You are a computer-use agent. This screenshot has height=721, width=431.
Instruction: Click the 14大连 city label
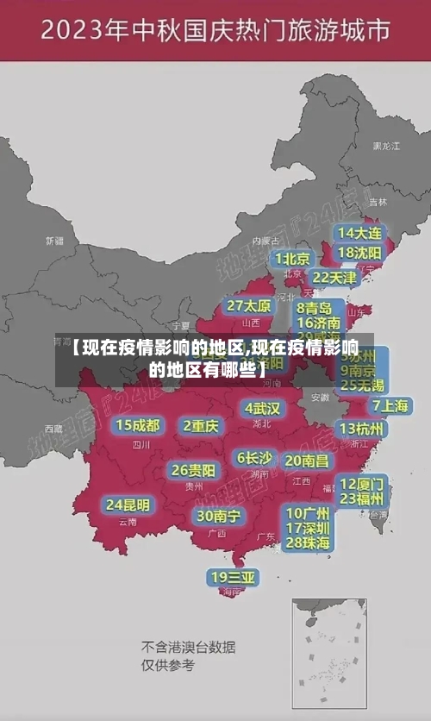coord(359,233)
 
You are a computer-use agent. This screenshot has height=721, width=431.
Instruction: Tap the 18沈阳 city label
coord(359,253)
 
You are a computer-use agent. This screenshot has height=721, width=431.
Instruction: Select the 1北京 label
coord(293,259)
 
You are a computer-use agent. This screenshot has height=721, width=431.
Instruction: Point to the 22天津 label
coord(334,278)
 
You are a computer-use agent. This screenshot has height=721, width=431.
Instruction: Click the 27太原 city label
coord(249,306)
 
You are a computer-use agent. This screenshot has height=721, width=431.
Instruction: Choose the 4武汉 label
coord(262,408)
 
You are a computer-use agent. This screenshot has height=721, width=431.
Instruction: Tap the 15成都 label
coord(138,425)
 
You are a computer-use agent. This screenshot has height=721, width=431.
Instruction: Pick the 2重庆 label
coord(201,425)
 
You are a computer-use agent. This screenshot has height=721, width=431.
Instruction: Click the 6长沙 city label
coord(254,458)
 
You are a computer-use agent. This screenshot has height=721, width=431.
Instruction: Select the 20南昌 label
coord(306,461)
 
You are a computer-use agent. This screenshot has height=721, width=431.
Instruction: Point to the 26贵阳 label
coord(193,471)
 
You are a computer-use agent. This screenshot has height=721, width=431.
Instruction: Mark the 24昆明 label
coord(128,505)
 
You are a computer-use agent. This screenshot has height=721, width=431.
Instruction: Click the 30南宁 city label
coord(218,516)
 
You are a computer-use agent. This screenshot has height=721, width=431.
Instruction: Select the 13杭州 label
coord(362,428)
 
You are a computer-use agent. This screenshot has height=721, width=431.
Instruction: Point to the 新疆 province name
coord(54,241)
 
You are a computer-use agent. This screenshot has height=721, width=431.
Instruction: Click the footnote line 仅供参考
coord(168,665)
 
